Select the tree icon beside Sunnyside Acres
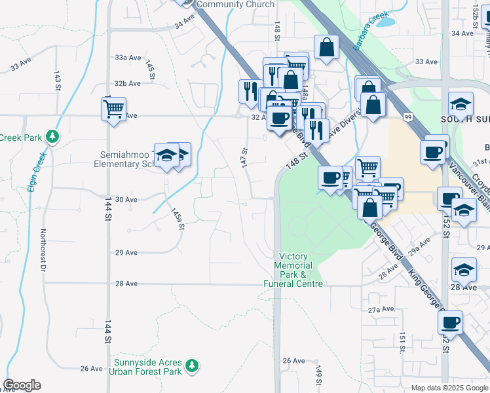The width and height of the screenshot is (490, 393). coord(192,364)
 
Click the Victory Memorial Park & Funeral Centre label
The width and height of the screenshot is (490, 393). coord(293,270)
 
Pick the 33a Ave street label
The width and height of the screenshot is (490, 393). coord(128,58)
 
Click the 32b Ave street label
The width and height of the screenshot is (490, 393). coord(128,83)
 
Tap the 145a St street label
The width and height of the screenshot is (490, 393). coord(177,219)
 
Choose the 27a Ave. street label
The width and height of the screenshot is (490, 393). coord(382,309)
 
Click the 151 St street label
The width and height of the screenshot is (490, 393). coord(401,341)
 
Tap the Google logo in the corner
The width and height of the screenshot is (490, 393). coord(22,385)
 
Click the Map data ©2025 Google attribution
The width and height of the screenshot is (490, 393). coord(449,388)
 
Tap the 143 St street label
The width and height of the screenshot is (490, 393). coord(58,77)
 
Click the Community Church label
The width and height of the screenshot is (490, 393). coord(235,5)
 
